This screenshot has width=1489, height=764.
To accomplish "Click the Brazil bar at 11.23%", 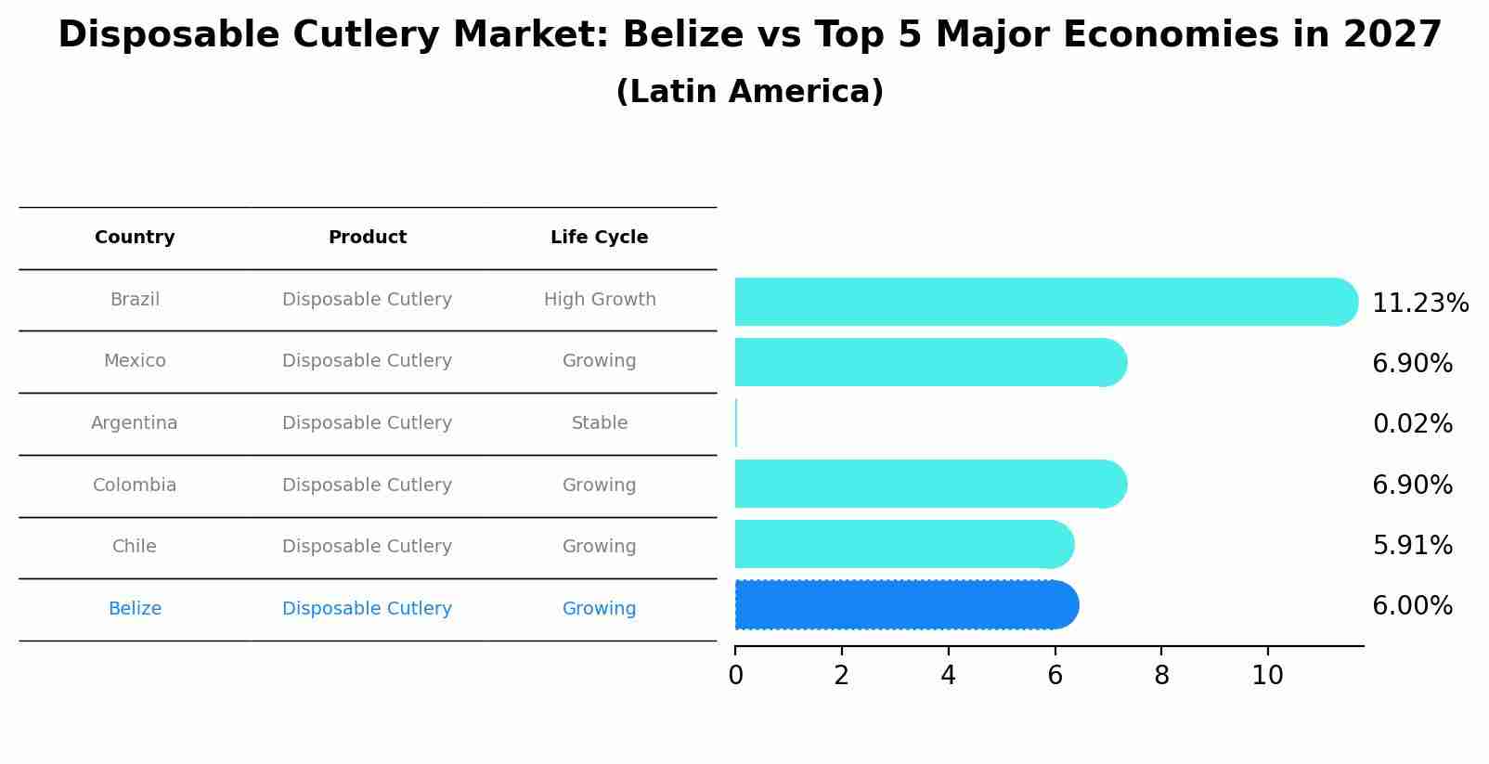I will (x=1044, y=302).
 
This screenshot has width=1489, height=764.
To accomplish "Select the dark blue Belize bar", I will (x=905, y=605).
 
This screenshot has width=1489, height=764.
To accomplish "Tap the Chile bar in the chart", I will (x=902, y=544).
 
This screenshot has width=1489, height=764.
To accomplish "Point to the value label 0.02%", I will (x=1412, y=424).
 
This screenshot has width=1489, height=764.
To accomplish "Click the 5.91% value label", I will (x=1412, y=545).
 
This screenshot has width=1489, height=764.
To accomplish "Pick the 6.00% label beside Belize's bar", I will (x=1412, y=606).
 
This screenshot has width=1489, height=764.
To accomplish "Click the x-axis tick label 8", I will (x=1161, y=676).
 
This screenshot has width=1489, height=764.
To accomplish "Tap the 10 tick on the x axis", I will (x=1267, y=676).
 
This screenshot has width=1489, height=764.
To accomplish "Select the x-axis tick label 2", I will (x=841, y=676).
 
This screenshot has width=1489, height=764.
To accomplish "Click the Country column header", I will (x=135, y=238).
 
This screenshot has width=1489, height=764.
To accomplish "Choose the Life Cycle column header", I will (x=599, y=238).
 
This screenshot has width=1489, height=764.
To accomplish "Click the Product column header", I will (x=367, y=238).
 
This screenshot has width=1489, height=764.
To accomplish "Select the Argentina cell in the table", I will (x=135, y=423).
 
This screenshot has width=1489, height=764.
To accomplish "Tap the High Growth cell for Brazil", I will (x=600, y=300).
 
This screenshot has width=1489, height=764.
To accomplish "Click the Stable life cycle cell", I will (x=600, y=423).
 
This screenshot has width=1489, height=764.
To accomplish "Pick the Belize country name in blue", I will (x=135, y=609).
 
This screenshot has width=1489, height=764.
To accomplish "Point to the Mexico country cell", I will (x=135, y=361).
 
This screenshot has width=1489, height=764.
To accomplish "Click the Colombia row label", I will (x=135, y=486).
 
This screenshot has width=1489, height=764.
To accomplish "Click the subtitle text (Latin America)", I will (x=749, y=92).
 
